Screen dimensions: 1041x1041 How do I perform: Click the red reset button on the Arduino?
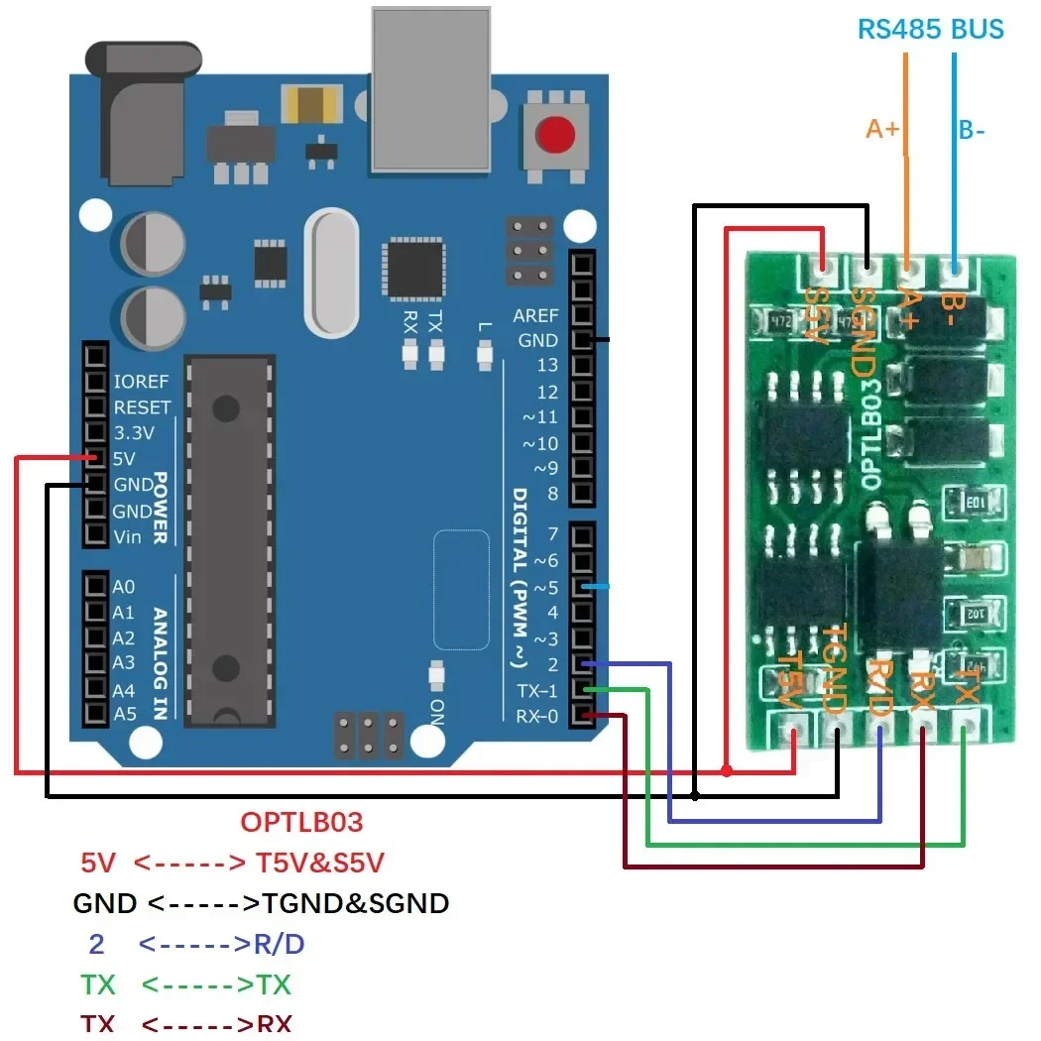click(556, 134)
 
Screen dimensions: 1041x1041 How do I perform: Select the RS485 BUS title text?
click(930, 29)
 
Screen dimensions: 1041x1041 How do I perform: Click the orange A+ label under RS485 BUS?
click(882, 129)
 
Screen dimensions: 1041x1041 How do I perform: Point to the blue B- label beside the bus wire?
click(972, 130)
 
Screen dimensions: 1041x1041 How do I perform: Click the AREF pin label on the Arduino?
click(535, 315)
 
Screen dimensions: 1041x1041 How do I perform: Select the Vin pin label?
click(128, 536)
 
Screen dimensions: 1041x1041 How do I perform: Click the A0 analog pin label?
click(124, 587)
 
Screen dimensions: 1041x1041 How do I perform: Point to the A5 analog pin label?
click(124, 714)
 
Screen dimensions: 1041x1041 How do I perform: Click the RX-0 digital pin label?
click(537, 716)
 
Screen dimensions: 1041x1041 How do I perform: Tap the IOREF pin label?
click(141, 381)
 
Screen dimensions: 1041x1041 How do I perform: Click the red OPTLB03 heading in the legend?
click(301, 822)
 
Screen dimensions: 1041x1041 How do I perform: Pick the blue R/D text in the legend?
click(280, 944)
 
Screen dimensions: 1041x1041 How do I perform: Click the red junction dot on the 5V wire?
click(727, 770)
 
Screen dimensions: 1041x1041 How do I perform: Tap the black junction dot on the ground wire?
click(695, 795)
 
